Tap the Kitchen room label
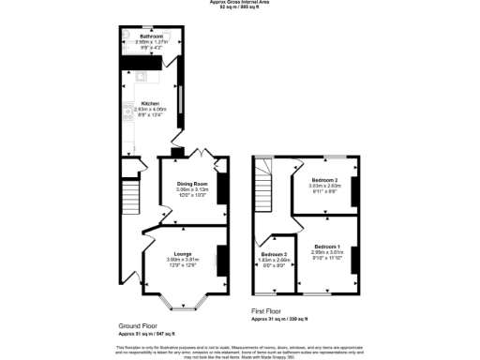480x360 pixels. click(150, 103)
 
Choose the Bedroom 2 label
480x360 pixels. click(325, 179)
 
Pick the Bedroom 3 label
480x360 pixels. click(275, 254)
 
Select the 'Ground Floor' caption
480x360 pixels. click(138, 324)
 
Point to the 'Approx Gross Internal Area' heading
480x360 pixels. click(240, 3)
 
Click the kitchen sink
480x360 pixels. click(137, 77)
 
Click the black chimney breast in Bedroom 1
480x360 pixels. click(354, 258)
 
